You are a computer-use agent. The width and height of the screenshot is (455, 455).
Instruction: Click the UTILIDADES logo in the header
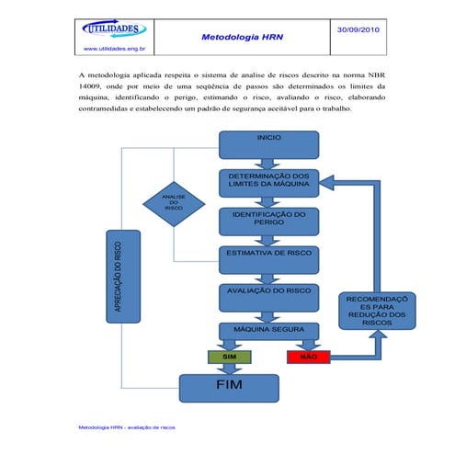pyautogui.click(x=117, y=29)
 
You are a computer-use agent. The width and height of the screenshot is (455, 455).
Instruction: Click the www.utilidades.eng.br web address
pyautogui.click(x=118, y=48)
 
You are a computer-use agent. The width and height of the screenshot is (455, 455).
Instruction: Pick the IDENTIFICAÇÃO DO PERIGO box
pyautogui.click(x=268, y=219)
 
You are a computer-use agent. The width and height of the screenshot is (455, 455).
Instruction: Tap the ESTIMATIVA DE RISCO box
pyautogui.click(x=268, y=253)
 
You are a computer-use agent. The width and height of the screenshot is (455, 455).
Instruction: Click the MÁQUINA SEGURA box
pyautogui.click(x=268, y=328)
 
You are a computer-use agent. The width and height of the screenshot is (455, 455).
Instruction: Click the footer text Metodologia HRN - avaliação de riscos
pyautogui.click(x=126, y=427)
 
